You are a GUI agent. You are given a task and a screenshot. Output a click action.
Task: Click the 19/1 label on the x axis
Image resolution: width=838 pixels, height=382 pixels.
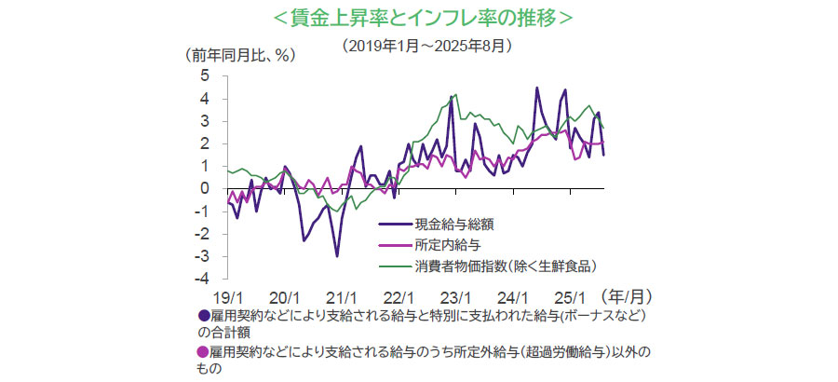(x=227, y=297)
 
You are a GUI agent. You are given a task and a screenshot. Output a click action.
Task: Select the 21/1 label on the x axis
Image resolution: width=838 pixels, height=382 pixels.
(x=342, y=297)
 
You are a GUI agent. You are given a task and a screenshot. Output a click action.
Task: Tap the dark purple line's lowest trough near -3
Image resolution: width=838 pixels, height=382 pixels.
(x=337, y=255)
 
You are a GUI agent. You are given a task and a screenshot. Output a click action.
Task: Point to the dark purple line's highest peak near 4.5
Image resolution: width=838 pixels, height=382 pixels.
(x=537, y=89)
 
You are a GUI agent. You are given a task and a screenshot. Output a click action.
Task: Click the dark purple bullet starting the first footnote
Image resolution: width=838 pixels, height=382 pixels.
(x=204, y=317)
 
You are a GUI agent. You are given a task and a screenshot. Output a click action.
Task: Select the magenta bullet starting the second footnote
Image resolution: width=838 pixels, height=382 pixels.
(x=204, y=352)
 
